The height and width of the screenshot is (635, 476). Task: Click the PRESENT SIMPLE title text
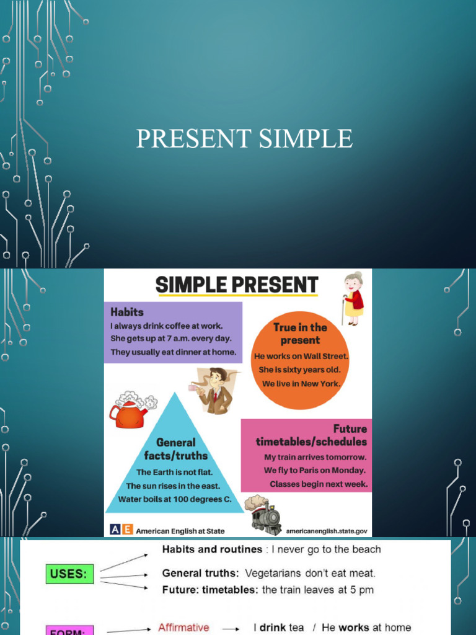(x=244, y=138)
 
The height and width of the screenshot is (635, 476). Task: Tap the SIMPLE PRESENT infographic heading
(x=236, y=285)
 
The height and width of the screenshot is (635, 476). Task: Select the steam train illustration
(x=263, y=513)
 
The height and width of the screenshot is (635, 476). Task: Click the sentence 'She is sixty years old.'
(x=301, y=370)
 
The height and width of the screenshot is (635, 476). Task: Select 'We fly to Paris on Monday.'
(x=315, y=470)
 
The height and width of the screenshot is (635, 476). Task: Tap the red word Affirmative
(x=183, y=628)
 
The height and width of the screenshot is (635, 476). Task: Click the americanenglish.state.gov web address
(x=327, y=531)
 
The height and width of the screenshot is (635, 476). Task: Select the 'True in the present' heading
(x=300, y=334)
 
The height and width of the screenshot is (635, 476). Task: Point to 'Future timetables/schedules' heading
(x=312, y=435)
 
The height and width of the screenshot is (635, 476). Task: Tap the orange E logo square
(x=127, y=530)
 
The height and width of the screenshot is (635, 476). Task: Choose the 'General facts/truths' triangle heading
(x=175, y=449)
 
